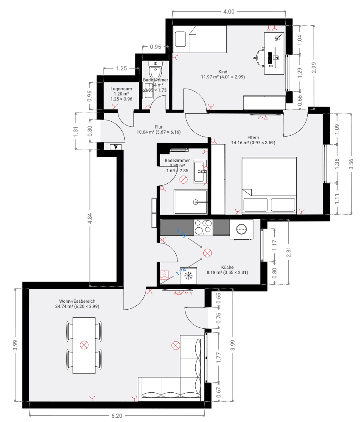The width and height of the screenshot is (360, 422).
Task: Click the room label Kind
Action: [223, 72]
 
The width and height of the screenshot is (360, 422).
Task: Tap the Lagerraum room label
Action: [121, 89]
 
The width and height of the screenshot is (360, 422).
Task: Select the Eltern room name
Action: [253, 137]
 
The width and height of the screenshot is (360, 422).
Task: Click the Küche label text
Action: [227, 267]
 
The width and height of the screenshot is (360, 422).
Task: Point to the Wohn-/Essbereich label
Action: [77, 301]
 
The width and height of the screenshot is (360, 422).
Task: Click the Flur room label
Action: [158, 127]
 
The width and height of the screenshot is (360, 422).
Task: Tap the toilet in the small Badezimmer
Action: [156, 70]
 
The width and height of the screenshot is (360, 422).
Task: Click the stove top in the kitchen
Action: [203, 227]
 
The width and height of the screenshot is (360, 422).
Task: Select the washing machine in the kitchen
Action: [241, 229]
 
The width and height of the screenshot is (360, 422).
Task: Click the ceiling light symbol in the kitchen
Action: [207, 254]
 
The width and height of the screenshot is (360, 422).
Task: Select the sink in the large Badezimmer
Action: [199, 171]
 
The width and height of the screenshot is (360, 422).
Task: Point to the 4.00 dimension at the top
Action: [229, 12]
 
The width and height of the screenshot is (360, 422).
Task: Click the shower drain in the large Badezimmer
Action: [196, 202]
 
